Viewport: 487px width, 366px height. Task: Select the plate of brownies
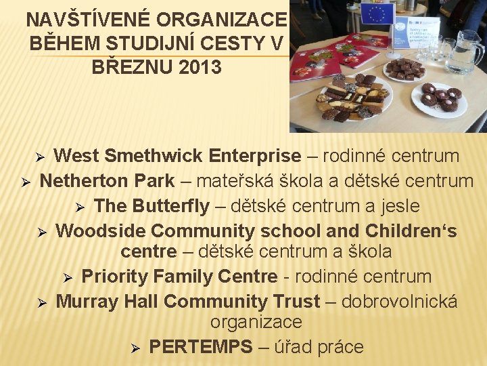(404, 69)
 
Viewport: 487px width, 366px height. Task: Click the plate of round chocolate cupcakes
(439, 99)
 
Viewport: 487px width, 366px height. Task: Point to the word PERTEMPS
(200, 347)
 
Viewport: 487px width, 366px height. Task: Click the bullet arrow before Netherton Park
(24, 182)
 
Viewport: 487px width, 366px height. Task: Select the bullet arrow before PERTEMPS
(135, 348)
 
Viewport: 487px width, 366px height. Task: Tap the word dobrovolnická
(399, 302)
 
